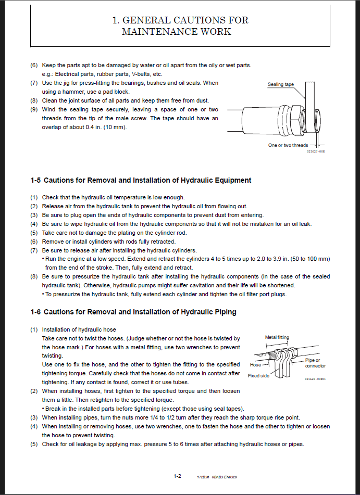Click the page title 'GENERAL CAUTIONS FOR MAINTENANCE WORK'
pos(180,26)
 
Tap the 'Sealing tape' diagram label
pos(281,84)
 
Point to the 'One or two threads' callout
pos(288,145)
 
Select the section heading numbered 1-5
pos(141,180)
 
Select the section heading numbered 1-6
pos(133,312)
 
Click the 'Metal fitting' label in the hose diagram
pos(277,337)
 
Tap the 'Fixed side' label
pos(259,375)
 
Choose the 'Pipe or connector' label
pos(315,363)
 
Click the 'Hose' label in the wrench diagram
pos(256,365)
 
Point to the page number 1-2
pos(177,476)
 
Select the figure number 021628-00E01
pos(315,379)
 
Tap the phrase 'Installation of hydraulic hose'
pos(79,329)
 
